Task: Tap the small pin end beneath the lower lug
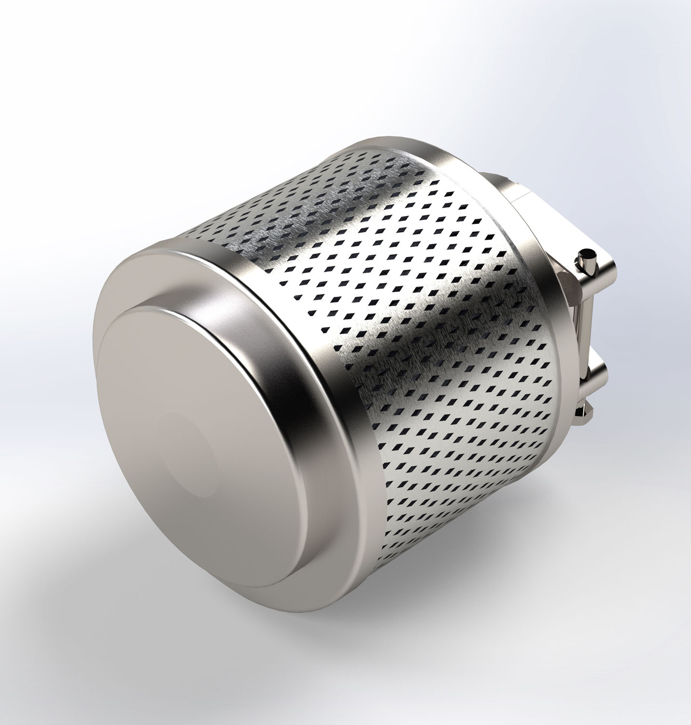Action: tap(590, 411)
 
